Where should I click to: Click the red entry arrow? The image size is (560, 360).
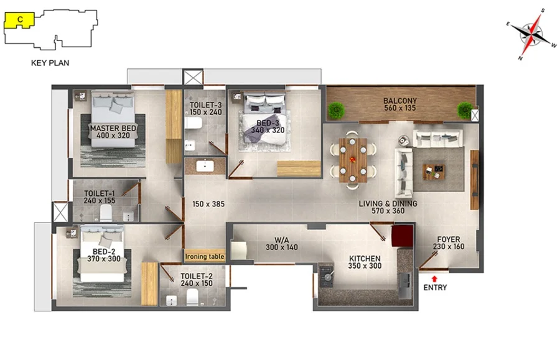coord(434,279)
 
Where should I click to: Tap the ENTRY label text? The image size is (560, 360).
coord(435,288)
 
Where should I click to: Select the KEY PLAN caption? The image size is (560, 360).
coord(50,63)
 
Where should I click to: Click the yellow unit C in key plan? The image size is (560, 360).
coord(19,21)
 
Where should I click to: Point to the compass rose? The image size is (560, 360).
coord(532,34)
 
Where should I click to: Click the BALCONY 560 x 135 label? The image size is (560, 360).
coord(400,104)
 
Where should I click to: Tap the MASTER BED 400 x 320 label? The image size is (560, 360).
coord(113,132)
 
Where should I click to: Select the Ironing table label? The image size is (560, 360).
coord(205,257)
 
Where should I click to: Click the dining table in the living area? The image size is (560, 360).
coord(353,160)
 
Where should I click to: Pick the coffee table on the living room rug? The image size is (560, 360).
coord(434,172)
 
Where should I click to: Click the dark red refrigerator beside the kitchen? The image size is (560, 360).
coord(402,236)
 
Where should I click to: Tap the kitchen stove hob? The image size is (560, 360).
coord(326,275)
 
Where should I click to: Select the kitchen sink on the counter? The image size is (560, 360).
coord(404,285)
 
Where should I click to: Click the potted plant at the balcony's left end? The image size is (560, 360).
coord(336,110)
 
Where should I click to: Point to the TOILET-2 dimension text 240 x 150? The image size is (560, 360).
coord(197,284)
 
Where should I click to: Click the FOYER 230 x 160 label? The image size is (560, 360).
coord(449,243)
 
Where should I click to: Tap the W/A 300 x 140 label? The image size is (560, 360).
coord(281,244)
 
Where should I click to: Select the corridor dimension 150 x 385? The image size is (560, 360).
coord(208,204)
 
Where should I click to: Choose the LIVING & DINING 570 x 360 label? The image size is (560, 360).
coord(388,207)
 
